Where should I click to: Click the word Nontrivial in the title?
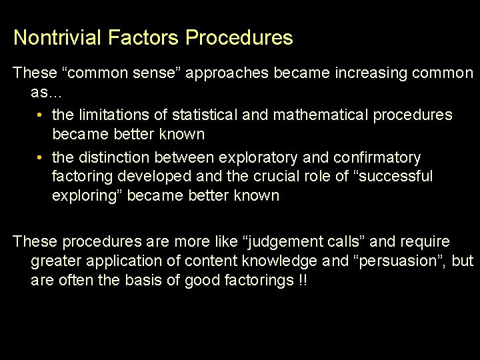pos(57,37)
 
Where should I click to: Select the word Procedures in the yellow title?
pos(239,37)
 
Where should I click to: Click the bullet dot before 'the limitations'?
pos(41,115)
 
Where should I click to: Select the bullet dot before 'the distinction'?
pos(41,157)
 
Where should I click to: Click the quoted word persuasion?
pos(403,261)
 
